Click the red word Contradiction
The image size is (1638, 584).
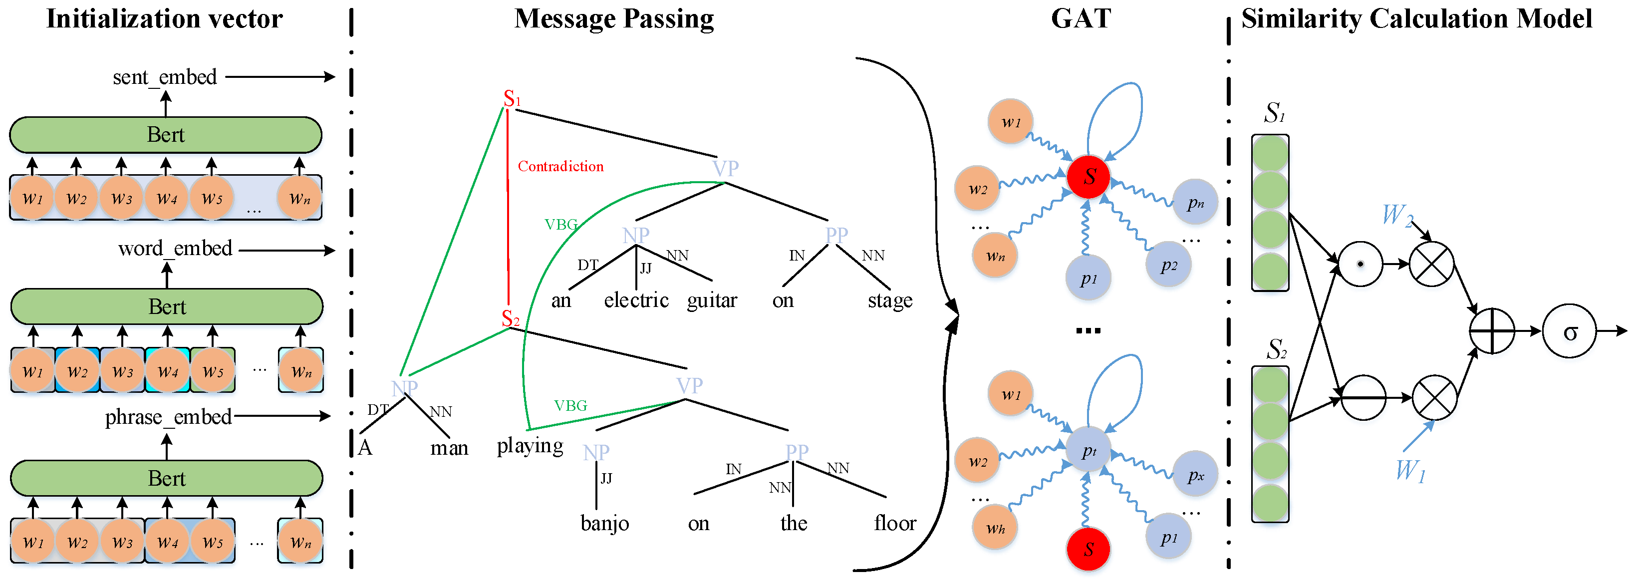coord(560,167)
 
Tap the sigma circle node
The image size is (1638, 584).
coord(1569,331)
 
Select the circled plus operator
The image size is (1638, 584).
coord(1492,331)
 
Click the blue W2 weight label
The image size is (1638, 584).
coord(1397,215)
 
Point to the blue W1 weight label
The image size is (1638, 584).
coord(1410,471)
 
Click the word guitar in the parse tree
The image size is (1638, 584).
coord(712,300)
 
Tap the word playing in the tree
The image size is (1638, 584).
coord(530,446)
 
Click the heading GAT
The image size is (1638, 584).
coord(1081,18)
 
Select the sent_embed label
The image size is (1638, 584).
coord(165,77)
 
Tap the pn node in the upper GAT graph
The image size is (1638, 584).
coord(1195,202)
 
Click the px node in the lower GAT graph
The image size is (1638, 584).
coord(1195,474)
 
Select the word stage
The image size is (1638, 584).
coord(889,300)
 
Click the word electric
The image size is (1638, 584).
coord(636,300)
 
